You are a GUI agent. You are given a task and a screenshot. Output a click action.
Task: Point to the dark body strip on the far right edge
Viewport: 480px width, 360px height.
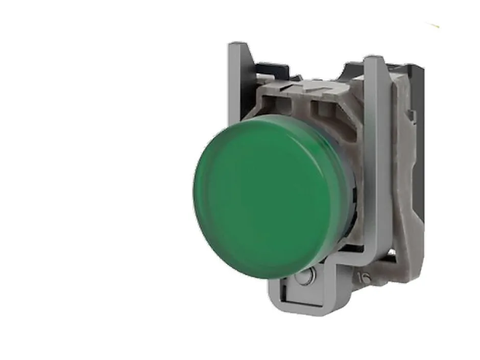[x=421, y=153]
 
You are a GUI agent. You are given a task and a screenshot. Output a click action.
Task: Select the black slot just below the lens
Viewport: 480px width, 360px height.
[x=327, y=266]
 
